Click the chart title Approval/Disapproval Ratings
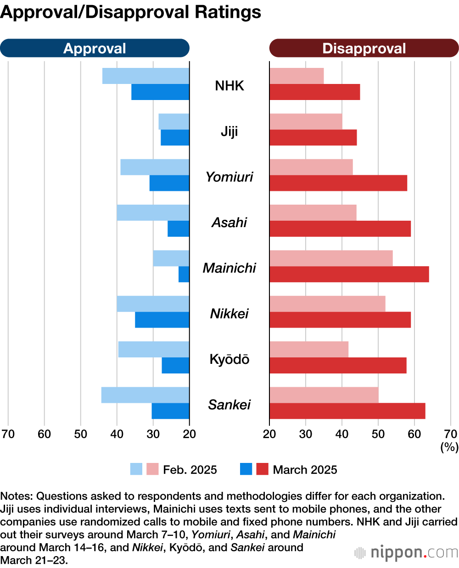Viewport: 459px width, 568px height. point(131,12)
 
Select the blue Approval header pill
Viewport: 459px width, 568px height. point(95,48)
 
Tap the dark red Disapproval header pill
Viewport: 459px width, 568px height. point(364,48)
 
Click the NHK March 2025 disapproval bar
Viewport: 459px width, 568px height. point(314,92)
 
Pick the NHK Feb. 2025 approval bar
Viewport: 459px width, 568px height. point(146,76)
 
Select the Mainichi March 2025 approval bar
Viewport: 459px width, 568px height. point(184,274)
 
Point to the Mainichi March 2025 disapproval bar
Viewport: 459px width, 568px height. point(349,274)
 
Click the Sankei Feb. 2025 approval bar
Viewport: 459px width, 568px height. point(145,395)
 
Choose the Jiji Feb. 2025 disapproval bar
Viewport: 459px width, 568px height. point(306,122)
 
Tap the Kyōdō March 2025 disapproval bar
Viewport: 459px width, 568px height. point(338,366)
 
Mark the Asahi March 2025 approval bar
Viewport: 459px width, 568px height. point(178,229)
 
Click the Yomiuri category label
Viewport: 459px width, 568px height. point(229,177)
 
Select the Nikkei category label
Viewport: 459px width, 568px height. point(229,314)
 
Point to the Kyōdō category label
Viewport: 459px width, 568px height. point(229,359)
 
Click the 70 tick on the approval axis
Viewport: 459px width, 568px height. point(8,434)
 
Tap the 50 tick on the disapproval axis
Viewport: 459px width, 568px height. point(378,434)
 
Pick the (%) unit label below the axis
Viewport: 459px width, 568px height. point(449,447)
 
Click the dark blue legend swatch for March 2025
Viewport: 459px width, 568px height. point(246,469)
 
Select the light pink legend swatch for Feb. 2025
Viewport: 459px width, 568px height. point(152,469)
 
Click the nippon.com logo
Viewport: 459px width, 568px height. point(407,552)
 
